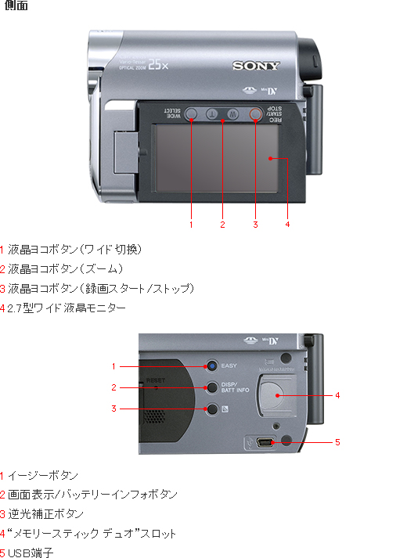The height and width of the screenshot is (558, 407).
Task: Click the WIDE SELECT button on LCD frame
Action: click(x=191, y=113)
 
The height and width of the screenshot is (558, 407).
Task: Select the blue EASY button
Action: click(x=211, y=365)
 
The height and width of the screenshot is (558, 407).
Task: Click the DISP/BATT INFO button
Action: click(x=211, y=387)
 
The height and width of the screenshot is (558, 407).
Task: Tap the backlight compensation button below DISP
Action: click(x=211, y=409)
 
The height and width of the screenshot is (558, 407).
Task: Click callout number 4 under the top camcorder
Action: click(x=287, y=225)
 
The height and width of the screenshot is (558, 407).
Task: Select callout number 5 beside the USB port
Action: click(x=337, y=442)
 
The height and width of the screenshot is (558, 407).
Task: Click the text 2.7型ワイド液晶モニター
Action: click(x=66, y=308)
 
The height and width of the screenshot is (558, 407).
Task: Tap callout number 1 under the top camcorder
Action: click(x=191, y=225)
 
